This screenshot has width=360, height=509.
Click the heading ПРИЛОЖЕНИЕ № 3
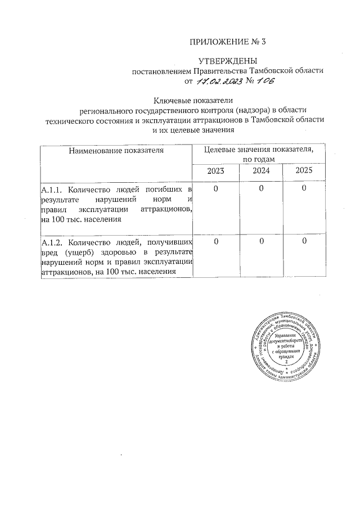227,42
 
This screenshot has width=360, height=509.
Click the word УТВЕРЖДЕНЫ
228,60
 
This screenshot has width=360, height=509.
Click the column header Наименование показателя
116,150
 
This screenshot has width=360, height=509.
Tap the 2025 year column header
303,170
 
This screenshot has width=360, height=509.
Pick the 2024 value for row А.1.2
261,242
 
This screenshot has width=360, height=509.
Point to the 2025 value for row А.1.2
303,242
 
